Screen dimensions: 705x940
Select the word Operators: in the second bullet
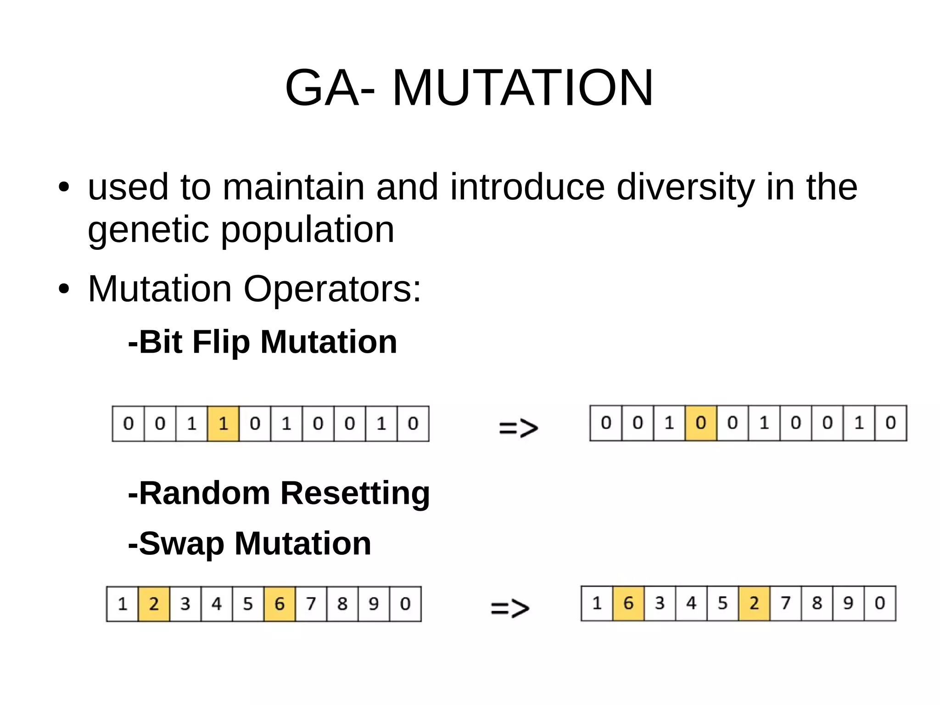tap(332, 289)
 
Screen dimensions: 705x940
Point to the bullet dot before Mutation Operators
tap(64, 289)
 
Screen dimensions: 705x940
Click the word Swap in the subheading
tap(181, 544)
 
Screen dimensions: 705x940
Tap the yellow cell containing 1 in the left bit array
tap(223, 423)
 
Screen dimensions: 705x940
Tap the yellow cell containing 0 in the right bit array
tap(700, 423)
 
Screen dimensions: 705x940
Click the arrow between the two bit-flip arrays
tap(518, 428)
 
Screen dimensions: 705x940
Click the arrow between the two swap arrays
tap(510, 608)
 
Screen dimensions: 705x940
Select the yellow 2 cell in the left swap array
tap(154, 603)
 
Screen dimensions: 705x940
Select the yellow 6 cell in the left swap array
tap(280, 603)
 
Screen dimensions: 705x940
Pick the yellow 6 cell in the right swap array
tap(628, 603)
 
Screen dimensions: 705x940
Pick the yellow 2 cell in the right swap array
tap(754, 603)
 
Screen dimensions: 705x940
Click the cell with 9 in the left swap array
tap(374, 603)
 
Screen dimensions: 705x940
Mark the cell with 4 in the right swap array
tap(691, 603)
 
